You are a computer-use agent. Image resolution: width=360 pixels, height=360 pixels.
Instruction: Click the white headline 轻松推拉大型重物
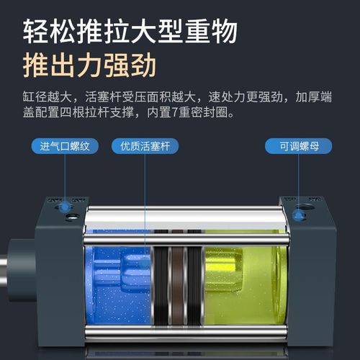click(130, 31)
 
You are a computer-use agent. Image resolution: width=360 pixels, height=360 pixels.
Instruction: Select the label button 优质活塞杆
click(144, 147)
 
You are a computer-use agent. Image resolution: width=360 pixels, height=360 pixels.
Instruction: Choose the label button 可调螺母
click(295, 147)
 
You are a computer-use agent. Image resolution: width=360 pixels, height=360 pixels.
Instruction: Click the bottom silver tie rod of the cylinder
click(180, 333)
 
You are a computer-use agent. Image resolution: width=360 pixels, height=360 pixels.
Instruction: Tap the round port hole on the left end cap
click(71, 215)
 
